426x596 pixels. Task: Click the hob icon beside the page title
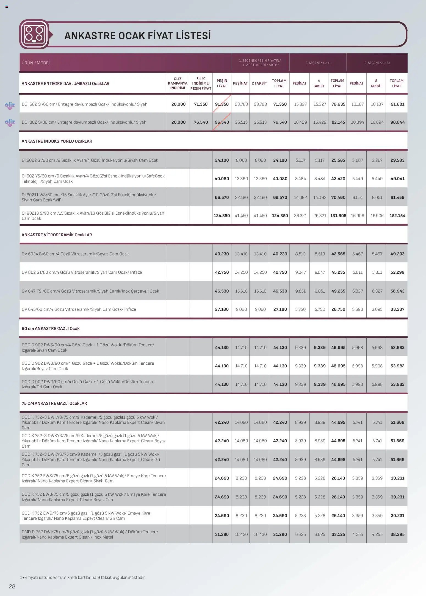34,34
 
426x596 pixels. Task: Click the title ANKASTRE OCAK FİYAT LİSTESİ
137,36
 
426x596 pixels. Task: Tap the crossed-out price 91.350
222,104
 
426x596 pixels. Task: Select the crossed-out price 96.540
222,122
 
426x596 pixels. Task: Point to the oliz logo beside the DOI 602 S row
10,106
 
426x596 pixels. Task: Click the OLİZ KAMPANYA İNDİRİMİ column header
178,83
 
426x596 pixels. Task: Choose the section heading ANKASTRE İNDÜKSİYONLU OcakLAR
57,141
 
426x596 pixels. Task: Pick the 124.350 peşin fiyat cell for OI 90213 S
222,216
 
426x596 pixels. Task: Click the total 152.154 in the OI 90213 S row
397,216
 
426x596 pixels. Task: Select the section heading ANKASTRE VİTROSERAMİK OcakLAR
57,235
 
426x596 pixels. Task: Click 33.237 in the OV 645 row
397,309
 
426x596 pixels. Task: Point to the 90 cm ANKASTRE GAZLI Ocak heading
51,328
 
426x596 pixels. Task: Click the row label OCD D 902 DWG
88,384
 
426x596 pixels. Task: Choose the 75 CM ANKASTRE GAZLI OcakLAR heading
54,403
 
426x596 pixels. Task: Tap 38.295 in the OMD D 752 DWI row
397,534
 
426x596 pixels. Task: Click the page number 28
12,586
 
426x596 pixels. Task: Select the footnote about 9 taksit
82,577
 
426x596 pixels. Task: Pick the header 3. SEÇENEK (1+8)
377,63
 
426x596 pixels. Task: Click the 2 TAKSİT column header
259,83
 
